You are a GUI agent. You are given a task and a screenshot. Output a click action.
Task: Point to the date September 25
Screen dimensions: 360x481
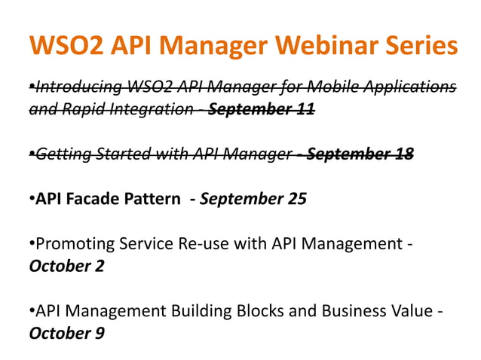[253, 200]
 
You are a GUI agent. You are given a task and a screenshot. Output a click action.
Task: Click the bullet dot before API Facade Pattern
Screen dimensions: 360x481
[32, 200]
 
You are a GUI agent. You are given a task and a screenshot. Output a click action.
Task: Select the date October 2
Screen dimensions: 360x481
[66, 267]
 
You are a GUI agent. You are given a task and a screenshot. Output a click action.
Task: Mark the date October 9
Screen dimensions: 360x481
[66, 332]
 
